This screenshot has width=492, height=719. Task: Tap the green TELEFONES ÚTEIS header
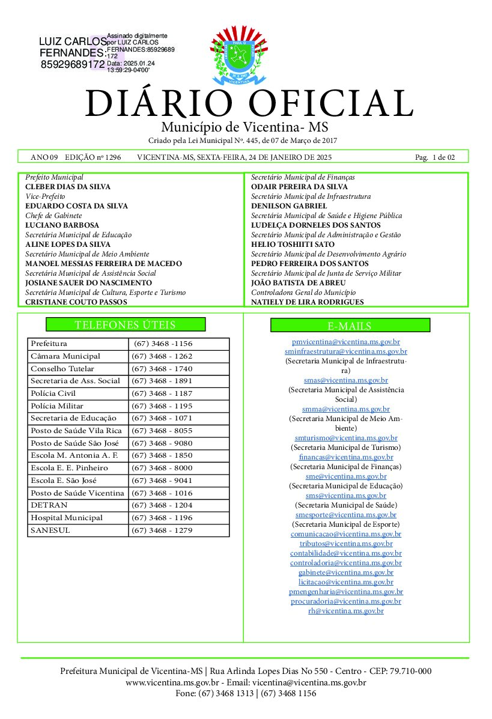[126, 325]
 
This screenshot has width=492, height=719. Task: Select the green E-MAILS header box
[350, 326]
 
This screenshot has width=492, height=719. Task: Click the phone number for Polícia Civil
[162, 393]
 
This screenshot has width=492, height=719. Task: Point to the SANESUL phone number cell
[162, 530]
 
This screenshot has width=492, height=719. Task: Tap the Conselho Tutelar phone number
[162, 369]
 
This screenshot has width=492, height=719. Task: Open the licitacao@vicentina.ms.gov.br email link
[346, 581]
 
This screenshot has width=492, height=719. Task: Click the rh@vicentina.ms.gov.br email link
[346, 610]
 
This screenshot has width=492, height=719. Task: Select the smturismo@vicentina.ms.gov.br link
[346, 438]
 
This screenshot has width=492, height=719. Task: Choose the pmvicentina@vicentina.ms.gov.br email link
[346, 341]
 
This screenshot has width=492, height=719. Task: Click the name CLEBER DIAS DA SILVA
[68, 187]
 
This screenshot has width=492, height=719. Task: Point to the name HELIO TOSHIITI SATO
[293, 244]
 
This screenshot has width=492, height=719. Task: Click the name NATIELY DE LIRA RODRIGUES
[307, 302]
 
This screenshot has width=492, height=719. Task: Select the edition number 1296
[112, 157]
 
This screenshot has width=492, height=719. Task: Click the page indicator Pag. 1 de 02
[435, 157]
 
